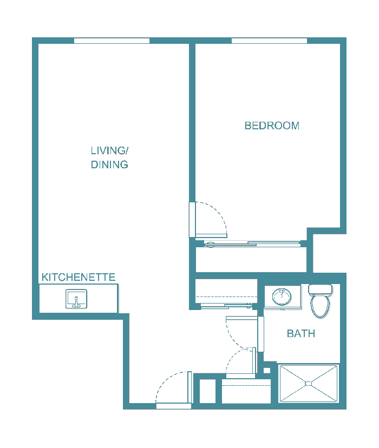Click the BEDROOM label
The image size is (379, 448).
click(x=272, y=126)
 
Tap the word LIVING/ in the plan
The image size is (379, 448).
click(x=109, y=150)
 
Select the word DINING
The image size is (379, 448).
click(x=109, y=164)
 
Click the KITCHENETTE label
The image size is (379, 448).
click(x=79, y=278)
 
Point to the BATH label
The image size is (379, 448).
click(x=301, y=334)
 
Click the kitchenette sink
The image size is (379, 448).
click(x=76, y=299)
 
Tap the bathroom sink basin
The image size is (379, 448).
click(x=282, y=296)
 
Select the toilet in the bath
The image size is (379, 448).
click(x=320, y=305)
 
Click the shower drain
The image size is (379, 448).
click(x=309, y=384)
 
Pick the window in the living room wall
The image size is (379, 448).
click(x=112, y=41)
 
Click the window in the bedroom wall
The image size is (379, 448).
click(x=269, y=41)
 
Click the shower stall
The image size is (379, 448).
click(x=309, y=384)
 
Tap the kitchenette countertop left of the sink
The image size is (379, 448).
click(x=53, y=299)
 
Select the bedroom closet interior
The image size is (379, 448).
click(x=251, y=260)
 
